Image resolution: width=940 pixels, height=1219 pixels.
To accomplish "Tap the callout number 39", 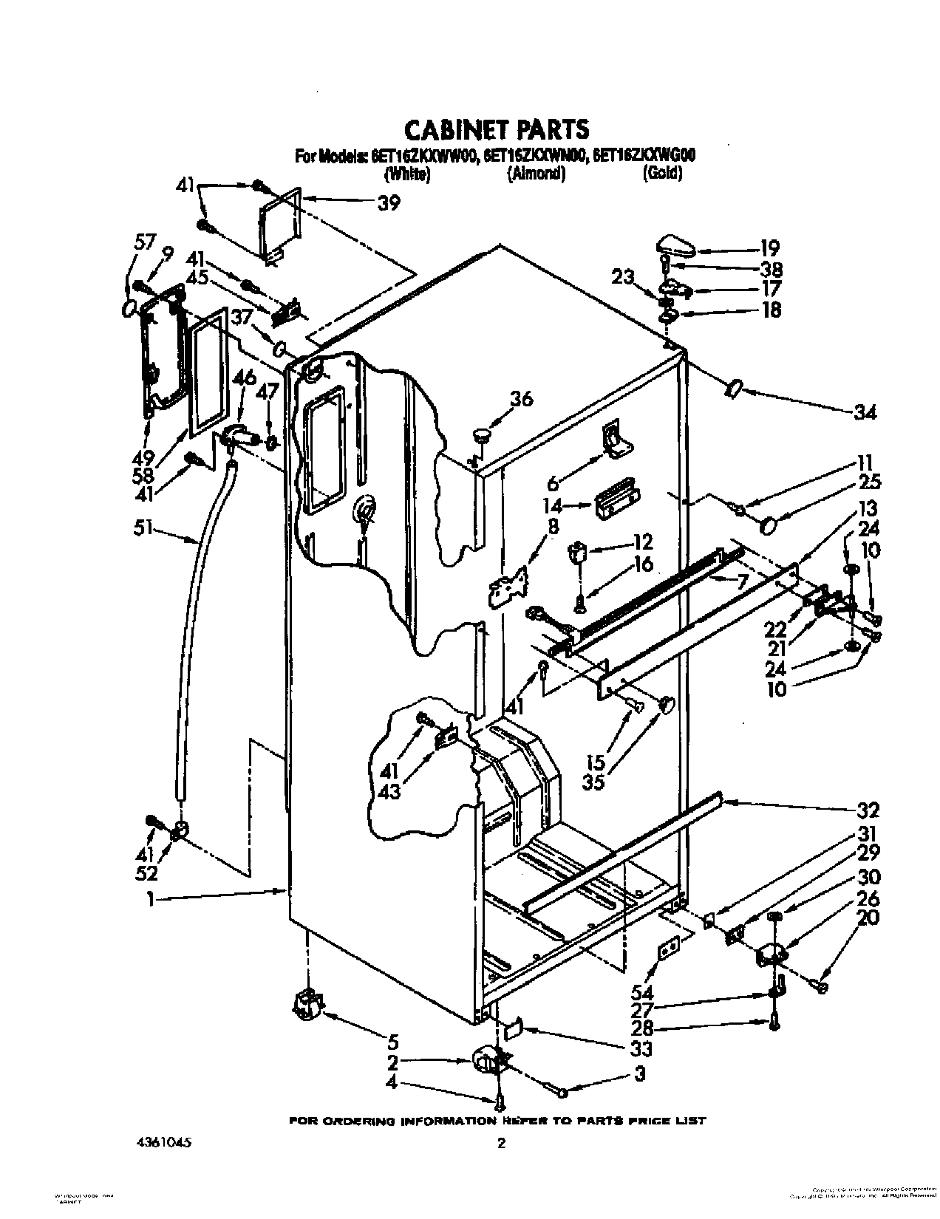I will coord(388,202).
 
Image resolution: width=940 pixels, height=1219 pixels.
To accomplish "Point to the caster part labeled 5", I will coord(307,1003).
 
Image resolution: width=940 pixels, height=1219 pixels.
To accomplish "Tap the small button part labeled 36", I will coord(482,435).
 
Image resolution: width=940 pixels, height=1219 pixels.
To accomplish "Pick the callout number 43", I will coord(389,791).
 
